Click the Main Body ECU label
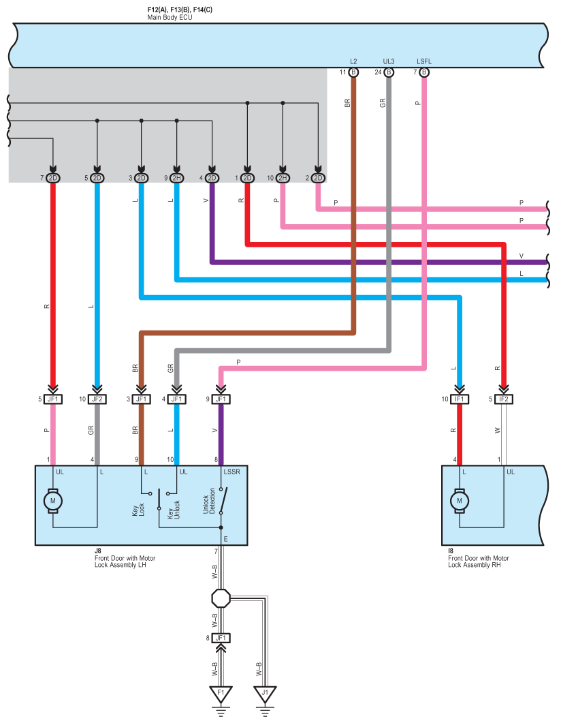pyautogui.click(x=170, y=18)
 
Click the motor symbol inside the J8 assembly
pyautogui.click(x=52, y=501)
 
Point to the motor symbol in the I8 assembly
pyautogui.click(x=459, y=501)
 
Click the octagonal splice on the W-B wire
pyautogui.click(x=221, y=598)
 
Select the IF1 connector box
pyautogui.click(x=459, y=399)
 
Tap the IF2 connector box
pyautogui.click(x=503, y=399)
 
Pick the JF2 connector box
pyautogui.click(x=97, y=399)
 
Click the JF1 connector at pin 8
pyautogui.click(x=221, y=638)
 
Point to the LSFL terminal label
pyautogui.click(x=424, y=61)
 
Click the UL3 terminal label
pyautogui.click(x=389, y=61)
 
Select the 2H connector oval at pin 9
pyautogui.click(x=176, y=178)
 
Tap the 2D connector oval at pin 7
pyautogui.click(x=53, y=178)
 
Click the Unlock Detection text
pyautogui.click(x=209, y=502)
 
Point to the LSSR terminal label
pyautogui.click(x=231, y=472)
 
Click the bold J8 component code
pyautogui.click(x=97, y=551)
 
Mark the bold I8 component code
pyautogui.click(x=451, y=551)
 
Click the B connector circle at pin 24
pyautogui.click(x=389, y=72)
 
